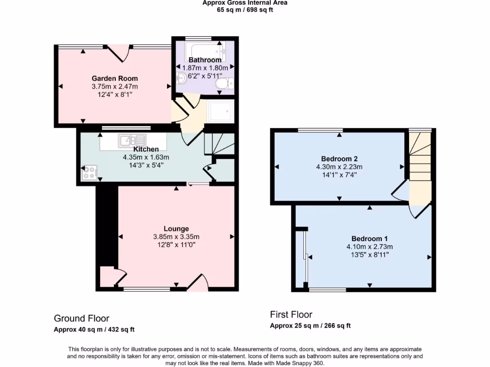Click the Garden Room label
tap(114, 78)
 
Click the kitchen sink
tap(132, 140)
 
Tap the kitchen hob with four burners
tap(89, 173)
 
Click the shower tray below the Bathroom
tap(220, 111)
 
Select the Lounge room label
tap(176, 228)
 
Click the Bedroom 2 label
tap(339, 159)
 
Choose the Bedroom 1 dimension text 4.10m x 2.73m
tap(369, 247)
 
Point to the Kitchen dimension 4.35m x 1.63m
tap(146, 157)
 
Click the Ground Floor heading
tap(81, 318)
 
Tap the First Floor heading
tap(291, 314)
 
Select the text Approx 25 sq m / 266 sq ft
tap(310, 326)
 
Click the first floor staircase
tap(419, 162)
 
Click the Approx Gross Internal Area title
tap(245, 3)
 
